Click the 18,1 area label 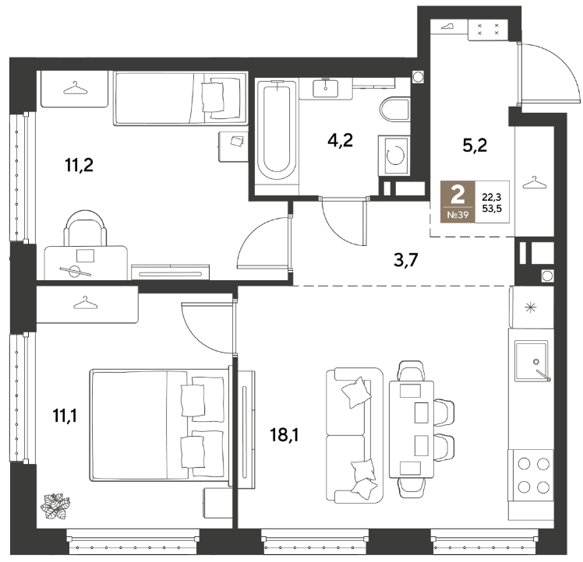tap(284, 434)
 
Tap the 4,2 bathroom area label tap(340, 140)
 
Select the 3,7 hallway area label tap(406, 260)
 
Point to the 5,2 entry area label tap(475, 145)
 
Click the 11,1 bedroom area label tap(65, 415)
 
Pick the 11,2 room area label tap(79, 164)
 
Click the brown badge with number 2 tap(458, 202)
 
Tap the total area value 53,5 tap(492, 209)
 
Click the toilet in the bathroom tap(395, 109)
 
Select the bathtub tap(277, 132)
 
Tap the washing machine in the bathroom tap(394, 155)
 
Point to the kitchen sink tap(532, 361)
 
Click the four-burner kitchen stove tap(531, 475)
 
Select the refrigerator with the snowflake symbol tap(531, 307)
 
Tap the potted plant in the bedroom tap(55, 506)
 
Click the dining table tap(412, 429)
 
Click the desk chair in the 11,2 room tap(85, 227)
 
